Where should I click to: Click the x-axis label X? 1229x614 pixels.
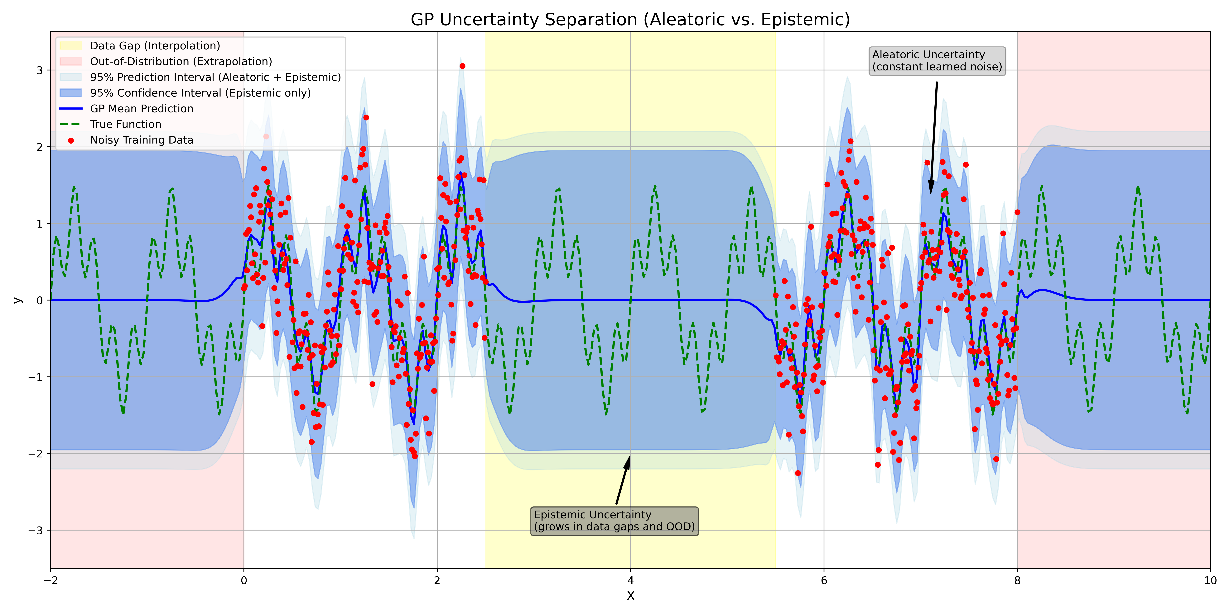coord(630,596)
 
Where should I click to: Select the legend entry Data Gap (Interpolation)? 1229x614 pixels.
coord(155,46)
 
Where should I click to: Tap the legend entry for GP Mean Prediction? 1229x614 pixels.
coord(141,109)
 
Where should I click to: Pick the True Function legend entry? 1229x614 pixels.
coord(125,124)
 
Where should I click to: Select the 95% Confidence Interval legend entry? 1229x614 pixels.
coord(200,93)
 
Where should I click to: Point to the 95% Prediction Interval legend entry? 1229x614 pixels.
coord(215,77)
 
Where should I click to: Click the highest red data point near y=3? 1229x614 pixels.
coord(462,66)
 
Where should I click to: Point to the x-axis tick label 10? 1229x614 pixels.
coord(1210,581)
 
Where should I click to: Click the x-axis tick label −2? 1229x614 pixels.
coord(51,581)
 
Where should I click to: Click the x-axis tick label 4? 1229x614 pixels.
coord(630,581)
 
